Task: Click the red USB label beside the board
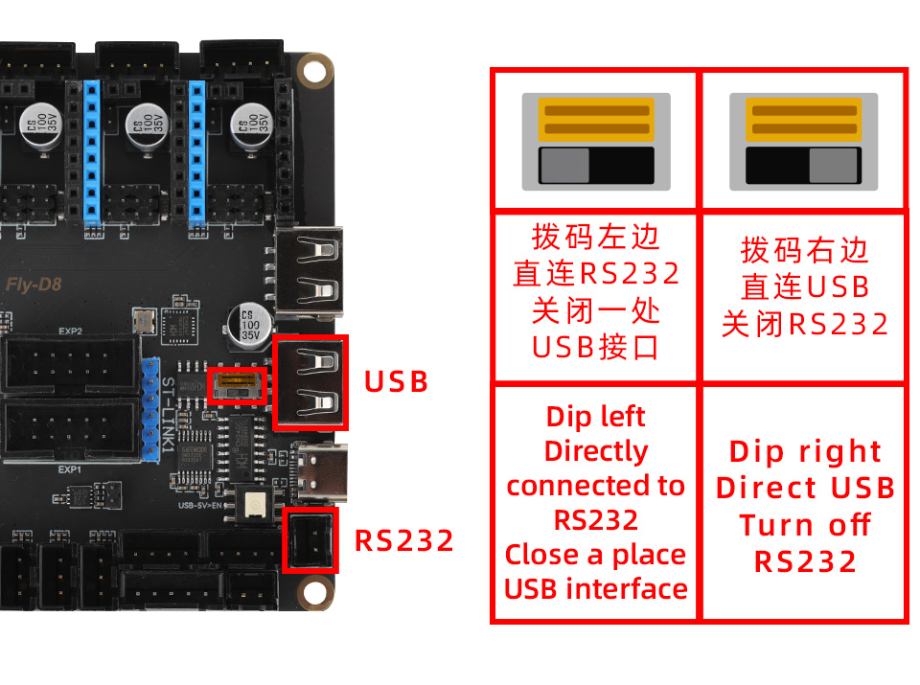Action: [396, 381]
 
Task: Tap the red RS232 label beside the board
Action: [404, 541]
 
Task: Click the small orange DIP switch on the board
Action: [237, 386]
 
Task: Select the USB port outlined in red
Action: [311, 381]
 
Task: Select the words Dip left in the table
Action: [595, 417]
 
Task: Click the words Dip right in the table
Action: [805, 451]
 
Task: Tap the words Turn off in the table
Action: [805, 525]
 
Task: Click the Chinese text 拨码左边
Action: [596, 237]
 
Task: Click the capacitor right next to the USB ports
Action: [249, 324]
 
